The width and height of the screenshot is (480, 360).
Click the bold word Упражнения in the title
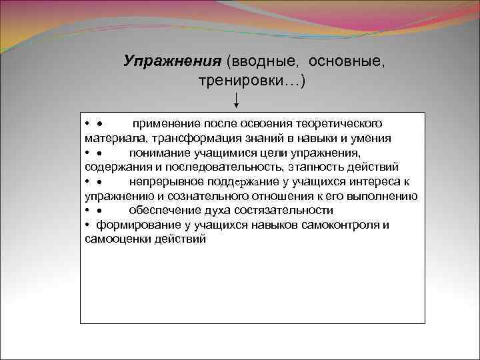point(172,61)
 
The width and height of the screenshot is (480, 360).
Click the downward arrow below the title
point(236,100)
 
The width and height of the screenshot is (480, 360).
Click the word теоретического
point(335,123)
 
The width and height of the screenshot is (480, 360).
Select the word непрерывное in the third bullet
point(161,181)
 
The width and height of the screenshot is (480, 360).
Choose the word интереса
point(372,181)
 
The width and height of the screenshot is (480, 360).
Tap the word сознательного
point(200,196)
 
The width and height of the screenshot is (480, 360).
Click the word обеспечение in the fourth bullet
point(161,210)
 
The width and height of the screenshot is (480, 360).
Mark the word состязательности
point(285,210)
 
